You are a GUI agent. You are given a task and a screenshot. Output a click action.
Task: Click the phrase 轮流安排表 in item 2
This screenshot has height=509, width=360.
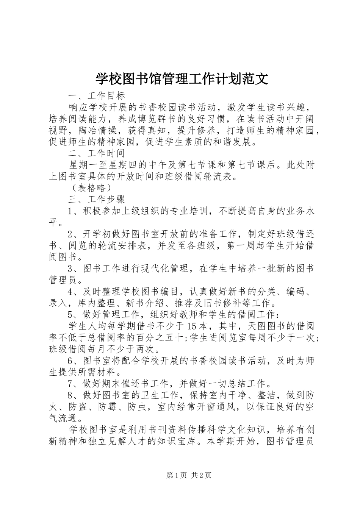(125, 246)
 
